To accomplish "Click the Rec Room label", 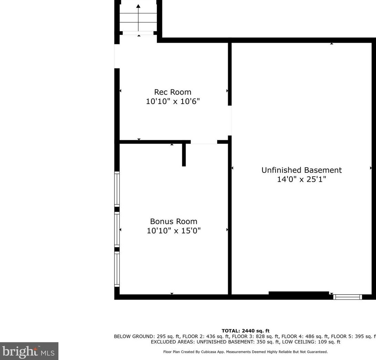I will pos(173,92).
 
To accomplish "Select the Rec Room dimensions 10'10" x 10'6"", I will pos(173,102).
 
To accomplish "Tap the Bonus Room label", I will pos(174,221).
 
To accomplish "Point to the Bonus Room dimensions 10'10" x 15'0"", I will pos(174,231).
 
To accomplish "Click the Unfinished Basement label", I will pos(302,170).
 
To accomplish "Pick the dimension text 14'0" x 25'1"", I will pos(302,179).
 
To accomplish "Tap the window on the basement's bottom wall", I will pos(347,297).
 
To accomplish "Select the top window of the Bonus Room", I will pos(117,189).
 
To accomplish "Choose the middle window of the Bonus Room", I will pos(117,230).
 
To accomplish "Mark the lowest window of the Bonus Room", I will pos(117,269).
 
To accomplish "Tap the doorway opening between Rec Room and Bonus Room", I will pos(204,142).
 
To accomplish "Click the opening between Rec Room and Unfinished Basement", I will pos(230,120).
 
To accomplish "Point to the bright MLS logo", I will pos(29,351).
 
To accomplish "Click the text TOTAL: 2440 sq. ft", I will pos(245,331).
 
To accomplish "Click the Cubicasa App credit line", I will pos(245,352).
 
